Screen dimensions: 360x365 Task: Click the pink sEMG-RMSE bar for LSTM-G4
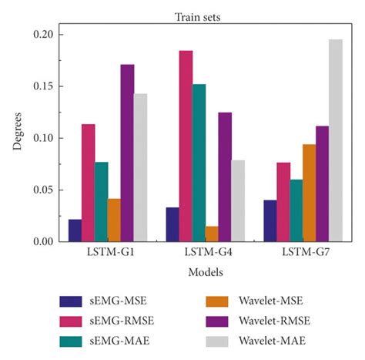coord(186,146)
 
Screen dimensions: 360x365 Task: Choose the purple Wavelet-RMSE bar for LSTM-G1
coord(127,153)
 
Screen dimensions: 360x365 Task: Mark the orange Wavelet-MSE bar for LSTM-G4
coord(211,234)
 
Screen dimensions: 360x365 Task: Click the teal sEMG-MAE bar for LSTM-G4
coord(199,163)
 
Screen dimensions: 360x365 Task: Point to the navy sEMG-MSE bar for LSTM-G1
coord(75,230)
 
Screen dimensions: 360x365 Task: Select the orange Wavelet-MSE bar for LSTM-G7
coord(309,193)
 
